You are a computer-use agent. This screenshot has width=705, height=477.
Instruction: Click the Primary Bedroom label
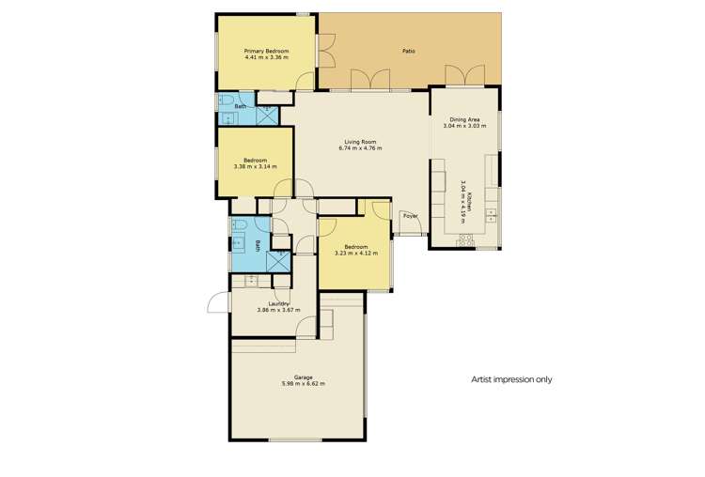[266, 51]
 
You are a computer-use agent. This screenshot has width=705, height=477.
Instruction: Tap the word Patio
[409, 51]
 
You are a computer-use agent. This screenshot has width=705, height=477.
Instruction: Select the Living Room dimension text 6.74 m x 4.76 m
[361, 149]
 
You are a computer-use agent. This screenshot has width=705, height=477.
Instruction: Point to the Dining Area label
[466, 119]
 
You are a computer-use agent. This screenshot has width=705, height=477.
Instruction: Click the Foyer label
[410, 216]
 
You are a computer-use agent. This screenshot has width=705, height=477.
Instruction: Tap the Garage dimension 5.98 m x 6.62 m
[296, 383]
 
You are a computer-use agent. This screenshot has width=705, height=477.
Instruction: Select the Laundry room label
[278, 303]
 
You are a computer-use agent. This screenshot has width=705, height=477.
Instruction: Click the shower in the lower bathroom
[279, 262]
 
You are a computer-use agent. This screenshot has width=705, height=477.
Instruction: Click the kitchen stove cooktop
[464, 240]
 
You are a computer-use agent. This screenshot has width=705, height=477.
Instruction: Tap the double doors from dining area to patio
[466, 75]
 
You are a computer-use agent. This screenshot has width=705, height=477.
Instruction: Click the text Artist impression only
[511, 380]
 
